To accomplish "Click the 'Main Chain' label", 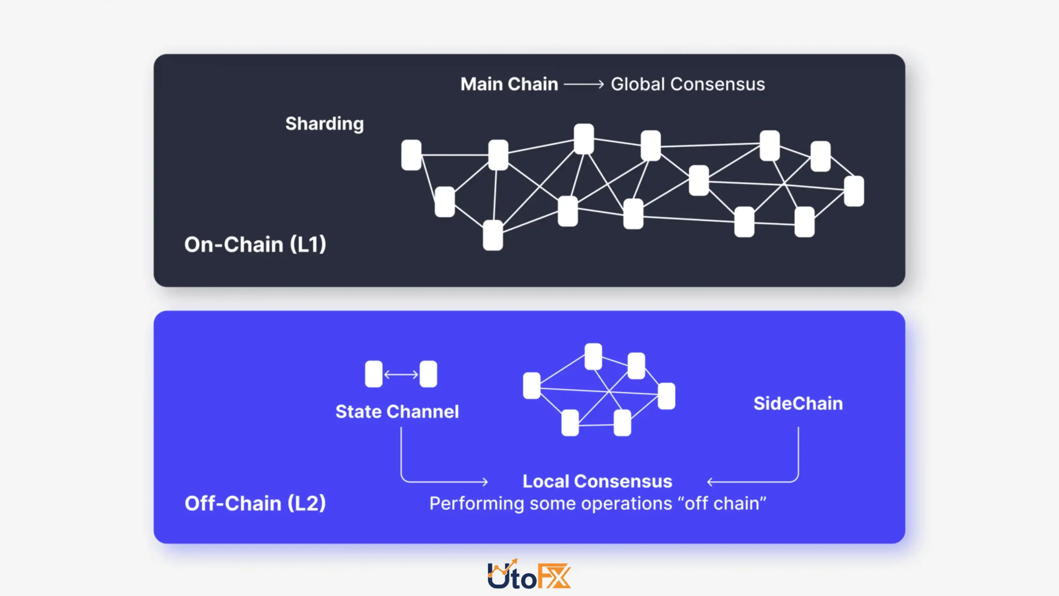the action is tap(509, 84).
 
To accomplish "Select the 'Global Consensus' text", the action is tap(688, 84).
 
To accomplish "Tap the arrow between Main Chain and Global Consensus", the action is tap(584, 84).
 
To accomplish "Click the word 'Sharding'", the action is tap(325, 124).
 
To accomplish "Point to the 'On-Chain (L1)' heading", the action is tap(255, 244).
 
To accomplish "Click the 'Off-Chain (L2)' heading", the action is tap(255, 503).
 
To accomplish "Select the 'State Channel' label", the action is tap(397, 411).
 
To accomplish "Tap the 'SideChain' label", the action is tap(798, 403).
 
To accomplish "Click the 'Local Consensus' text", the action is tap(597, 481).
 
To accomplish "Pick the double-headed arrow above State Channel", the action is tap(401, 375).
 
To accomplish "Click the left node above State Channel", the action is tap(374, 374).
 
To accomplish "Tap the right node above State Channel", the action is tap(429, 374).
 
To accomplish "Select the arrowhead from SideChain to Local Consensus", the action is tap(710, 482).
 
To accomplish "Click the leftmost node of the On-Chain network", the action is tap(411, 155).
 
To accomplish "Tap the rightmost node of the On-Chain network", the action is tap(854, 191).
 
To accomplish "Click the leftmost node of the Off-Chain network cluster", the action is tap(532, 386).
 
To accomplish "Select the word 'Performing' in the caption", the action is tap(477, 504).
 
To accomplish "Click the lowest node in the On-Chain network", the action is tap(493, 235).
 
